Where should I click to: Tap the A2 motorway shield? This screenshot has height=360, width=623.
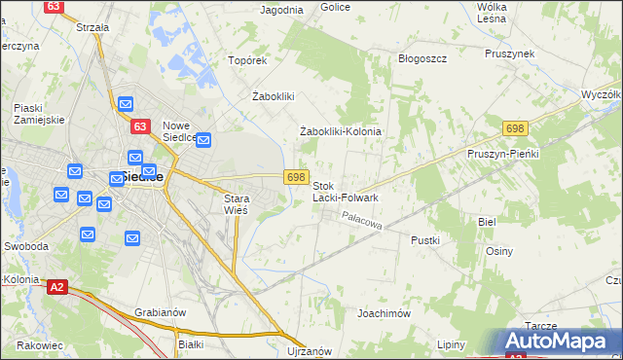click(57, 286)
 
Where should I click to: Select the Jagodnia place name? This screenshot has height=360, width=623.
click(282, 10)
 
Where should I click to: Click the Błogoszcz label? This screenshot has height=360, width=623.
click(422, 58)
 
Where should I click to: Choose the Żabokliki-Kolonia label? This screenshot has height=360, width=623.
click(339, 131)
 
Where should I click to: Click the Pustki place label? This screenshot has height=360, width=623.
click(425, 239)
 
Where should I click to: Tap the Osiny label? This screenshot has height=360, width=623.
click(498, 250)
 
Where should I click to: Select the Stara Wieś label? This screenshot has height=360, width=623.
click(231, 202)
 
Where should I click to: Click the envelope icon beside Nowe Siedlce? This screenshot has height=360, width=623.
click(204, 141)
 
